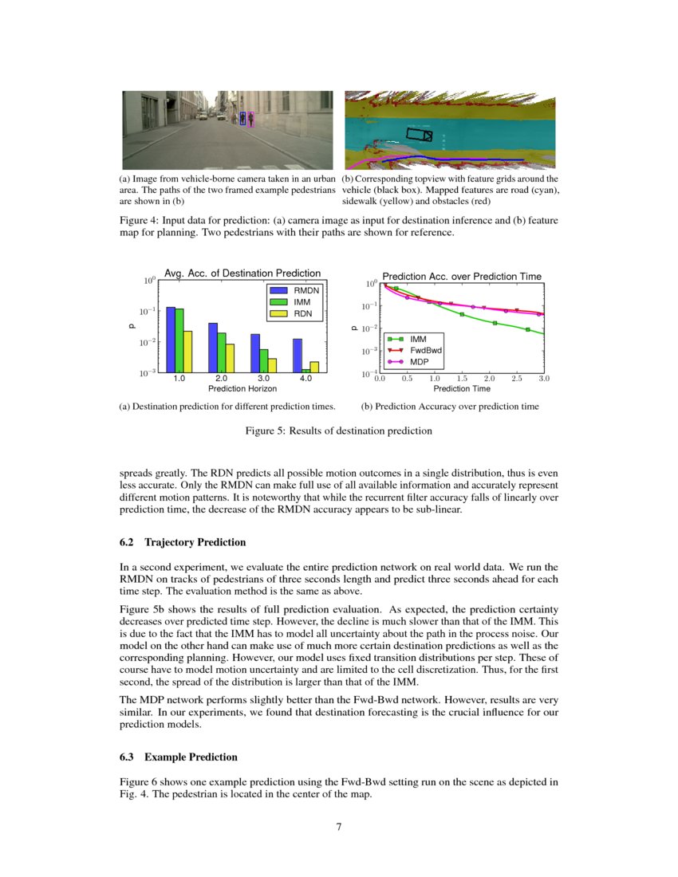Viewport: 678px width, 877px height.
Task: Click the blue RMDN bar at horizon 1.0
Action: coord(171,340)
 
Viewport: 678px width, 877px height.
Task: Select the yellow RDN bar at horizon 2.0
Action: coord(230,358)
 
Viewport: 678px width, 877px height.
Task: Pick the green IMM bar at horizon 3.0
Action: coord(263,361)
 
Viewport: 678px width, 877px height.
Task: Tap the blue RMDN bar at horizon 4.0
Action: coord(298,356)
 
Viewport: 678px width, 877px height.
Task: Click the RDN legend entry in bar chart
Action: coord(297,314)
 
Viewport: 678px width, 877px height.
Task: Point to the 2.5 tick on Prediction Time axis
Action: coord(517,380)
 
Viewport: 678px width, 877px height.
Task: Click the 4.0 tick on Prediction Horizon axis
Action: coord(305,379)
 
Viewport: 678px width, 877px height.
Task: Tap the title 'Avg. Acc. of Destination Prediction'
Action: coord(242,273)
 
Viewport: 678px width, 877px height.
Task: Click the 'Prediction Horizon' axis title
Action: coord(242,389)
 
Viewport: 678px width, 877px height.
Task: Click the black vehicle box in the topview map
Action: coord(419,135)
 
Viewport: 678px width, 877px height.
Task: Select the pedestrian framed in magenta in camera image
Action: coord(251,119)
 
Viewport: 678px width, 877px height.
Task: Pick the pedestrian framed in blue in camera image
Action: coord(242,119)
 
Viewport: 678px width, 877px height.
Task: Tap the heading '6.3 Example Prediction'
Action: coord(177,757)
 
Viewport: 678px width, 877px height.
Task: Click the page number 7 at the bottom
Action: coord(339,827)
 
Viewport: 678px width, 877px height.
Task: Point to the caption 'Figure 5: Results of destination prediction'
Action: coord(338,431)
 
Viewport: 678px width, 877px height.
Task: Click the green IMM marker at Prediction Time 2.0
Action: coord(495,324)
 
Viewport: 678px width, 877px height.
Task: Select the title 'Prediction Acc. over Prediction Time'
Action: coord(462,276)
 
